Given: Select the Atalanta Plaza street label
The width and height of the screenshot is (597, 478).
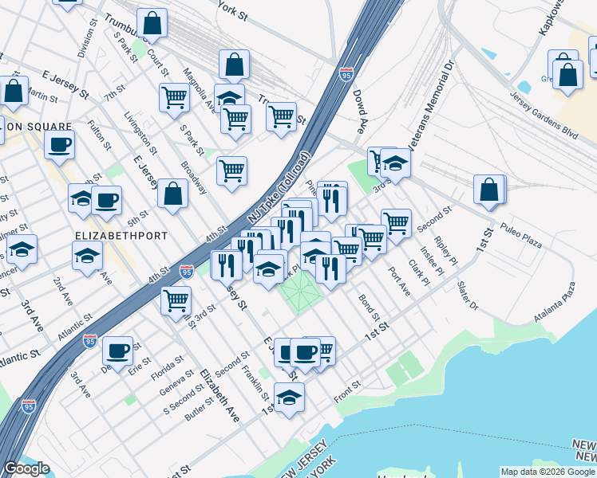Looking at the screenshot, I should click(x=559, y=303).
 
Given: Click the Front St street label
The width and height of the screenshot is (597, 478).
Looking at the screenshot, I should click(x=348, y=391).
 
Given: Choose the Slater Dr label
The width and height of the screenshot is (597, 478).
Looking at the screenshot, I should click(x=468, y=296).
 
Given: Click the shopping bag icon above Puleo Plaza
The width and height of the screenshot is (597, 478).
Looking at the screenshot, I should click(x=489, y=190).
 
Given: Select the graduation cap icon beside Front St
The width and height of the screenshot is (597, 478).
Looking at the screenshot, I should click(x=289, y=396).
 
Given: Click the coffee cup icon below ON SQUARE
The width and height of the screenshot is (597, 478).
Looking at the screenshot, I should click(x=60, y=145).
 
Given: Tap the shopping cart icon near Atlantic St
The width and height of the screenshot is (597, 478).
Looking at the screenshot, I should click(x=176, y=300).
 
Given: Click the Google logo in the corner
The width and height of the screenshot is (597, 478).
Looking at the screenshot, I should click(x=26, y=469).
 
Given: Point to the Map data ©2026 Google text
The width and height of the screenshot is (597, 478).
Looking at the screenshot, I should click(x=548, y=472).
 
